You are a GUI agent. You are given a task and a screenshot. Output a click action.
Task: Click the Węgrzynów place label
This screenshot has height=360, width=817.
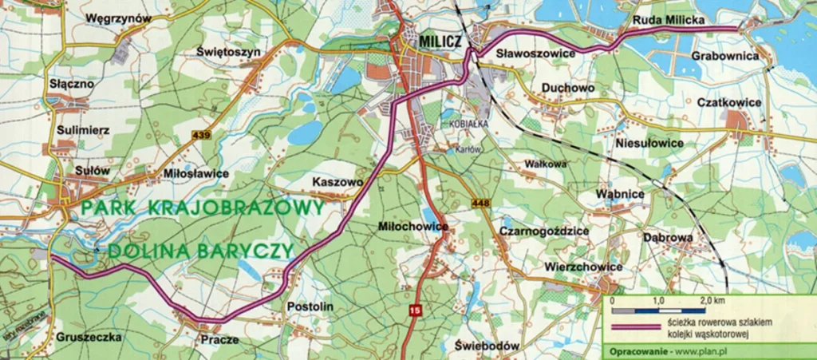(x=118, y=17)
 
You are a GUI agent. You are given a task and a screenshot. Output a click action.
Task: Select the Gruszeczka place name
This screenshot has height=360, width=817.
(x=89, y=337)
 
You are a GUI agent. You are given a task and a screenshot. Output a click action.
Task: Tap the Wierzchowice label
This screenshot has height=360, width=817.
(x=582, y=266)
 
